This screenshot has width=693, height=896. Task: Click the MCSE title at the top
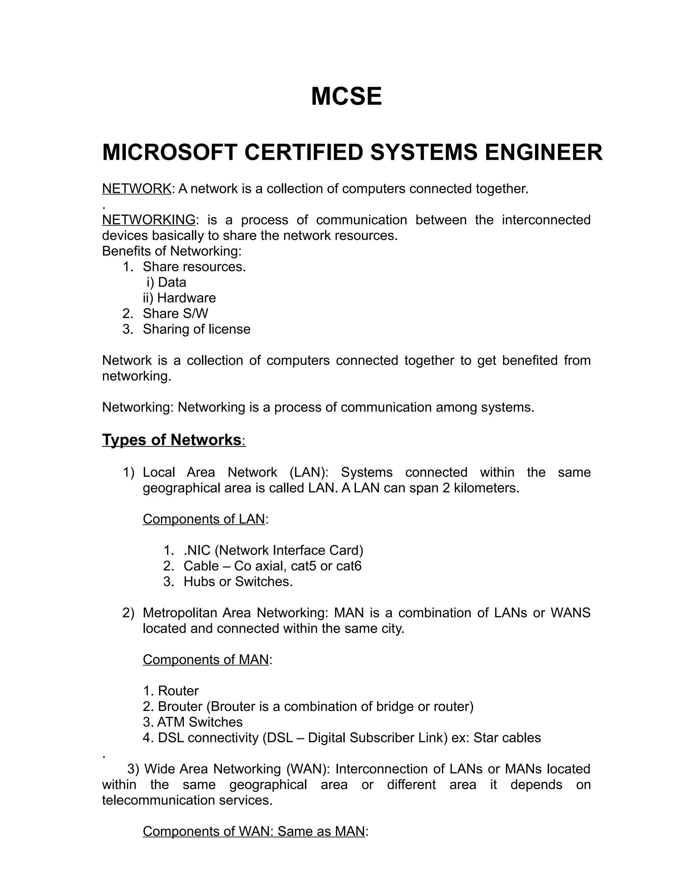coord(346,97)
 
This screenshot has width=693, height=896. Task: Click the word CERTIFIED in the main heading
coord(304,152)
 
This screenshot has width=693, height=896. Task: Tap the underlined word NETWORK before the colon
coord(136,189)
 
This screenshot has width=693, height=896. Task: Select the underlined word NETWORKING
coord(149,220)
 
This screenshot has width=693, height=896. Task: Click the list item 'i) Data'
coord(166,282)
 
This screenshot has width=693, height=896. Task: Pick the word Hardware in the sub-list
coord(186,298)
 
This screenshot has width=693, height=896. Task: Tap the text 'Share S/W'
coord(175,313)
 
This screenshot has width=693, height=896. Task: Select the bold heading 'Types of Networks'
coord(171,440)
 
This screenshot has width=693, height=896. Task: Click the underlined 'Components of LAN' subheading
coord(204,519)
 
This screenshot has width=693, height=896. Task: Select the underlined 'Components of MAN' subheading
coord(206,660)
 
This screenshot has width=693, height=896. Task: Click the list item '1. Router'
coord(171,691)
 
